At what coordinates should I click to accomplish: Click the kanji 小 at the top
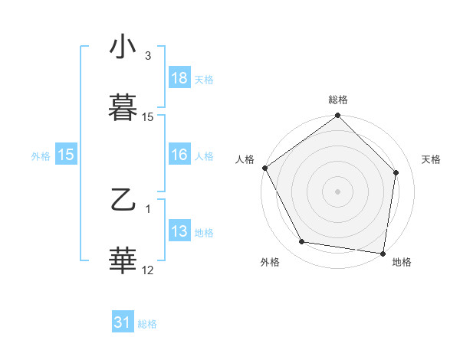[123, 47]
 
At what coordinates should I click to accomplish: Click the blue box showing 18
[179, 78]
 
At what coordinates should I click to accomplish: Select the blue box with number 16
[179, 155]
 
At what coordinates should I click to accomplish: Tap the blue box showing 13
[179, 231]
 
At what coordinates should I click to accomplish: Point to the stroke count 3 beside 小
[148, 56]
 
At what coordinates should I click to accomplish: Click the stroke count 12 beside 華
[148, 270]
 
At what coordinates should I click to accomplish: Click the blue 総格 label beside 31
[147, 324]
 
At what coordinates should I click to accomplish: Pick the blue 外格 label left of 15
[41, 155]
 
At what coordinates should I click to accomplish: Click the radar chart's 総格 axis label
[338, 100]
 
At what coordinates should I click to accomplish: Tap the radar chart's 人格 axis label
[245, 159]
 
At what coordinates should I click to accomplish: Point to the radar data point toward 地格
[383, 253]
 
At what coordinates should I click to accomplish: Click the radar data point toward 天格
[396, 172]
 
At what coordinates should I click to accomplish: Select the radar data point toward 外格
[302, 242]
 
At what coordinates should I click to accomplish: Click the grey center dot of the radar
[338, 191]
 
